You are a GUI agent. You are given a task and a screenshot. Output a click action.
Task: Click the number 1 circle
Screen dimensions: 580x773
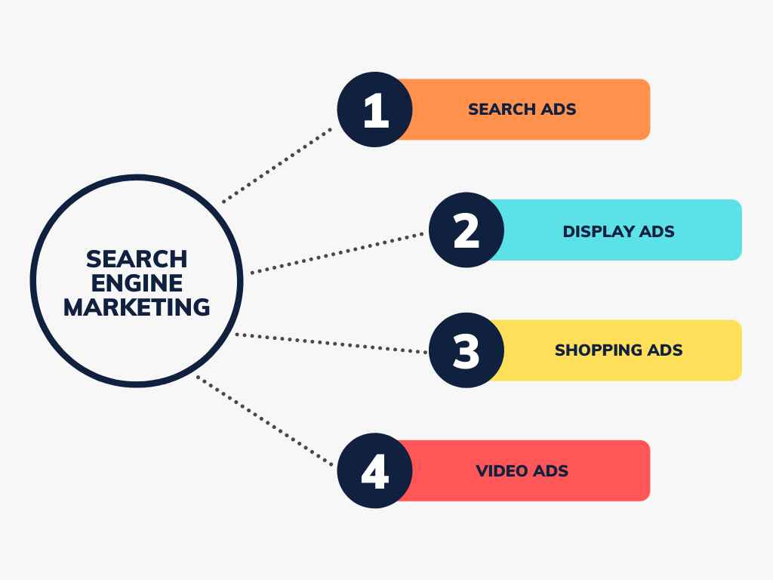pyautogui.click(x=374, y=110)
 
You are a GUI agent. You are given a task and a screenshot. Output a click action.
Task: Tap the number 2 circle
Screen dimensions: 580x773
pyautogui.click(x=467, y=230)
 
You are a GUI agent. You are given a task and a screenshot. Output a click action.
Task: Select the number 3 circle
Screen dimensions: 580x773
pyautogui.click(x=467, y=350)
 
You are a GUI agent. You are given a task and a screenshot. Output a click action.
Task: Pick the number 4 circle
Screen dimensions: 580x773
pyautogui.click(x=374, y=470)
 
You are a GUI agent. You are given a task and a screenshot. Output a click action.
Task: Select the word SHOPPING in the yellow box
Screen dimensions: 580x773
pyautogui.click(x=598, y=350)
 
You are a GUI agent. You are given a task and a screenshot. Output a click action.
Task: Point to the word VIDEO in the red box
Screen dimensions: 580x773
pyautogui.click(x=501, y=471)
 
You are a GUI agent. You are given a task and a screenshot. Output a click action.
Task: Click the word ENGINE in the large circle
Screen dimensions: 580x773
pyautogui.click(x=137, y=283)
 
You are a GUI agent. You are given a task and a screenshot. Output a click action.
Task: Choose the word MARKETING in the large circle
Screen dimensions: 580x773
pyautogui.click(x=137, y=307)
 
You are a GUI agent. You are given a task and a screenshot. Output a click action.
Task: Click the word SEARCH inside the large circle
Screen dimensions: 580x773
pyautogui.click(x=137, y=259)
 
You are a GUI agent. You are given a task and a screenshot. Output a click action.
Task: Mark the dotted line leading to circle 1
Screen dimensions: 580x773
pyautogui.click(x=277, y=165)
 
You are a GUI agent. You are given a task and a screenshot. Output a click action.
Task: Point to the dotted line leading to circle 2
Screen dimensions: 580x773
pyautogui.click(x=337, y=253)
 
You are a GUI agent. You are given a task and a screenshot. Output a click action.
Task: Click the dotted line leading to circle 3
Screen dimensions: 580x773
pyautogui.click(x=332, y=343)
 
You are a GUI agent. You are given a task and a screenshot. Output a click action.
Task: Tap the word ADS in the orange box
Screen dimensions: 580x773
pyautogui.click(x=559, y=110)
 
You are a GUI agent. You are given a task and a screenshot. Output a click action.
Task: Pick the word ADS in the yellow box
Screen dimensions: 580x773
pyautogui.click(x=665, y=350)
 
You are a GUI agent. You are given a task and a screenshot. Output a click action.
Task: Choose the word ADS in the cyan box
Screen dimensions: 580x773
pyautogui.click(x=656, y=231)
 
